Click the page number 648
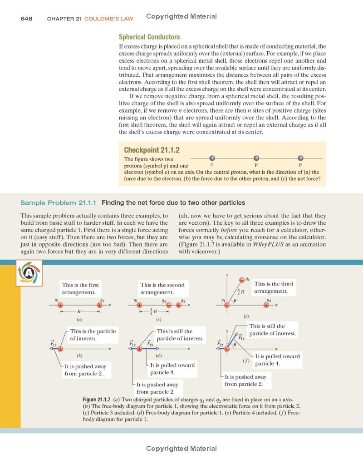(26, 19)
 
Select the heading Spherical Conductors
(149, 37)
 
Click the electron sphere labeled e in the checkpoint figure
(212, 158)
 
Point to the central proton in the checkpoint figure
(256, 158)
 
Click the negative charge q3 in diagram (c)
(168, 306)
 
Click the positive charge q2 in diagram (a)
(99, 306)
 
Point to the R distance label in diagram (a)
(79, 312)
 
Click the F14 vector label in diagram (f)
(242, 337)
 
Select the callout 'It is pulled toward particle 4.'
(277, 360)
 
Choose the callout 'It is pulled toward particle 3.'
(172, 368)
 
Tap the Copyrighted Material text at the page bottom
(181, 449)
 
